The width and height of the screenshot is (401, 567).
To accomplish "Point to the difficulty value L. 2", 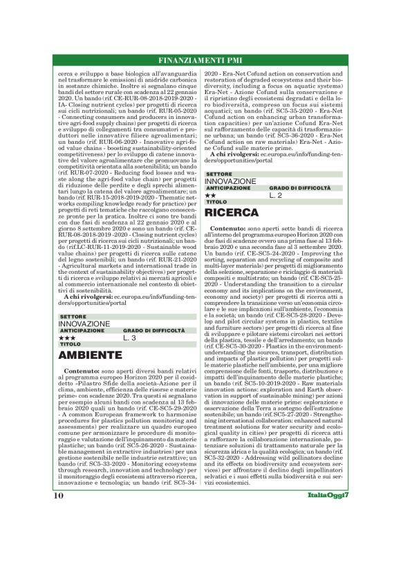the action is pyautogui.click(x=276, y=196).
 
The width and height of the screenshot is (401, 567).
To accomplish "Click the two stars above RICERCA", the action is pyautogui.click(x=211, y=196).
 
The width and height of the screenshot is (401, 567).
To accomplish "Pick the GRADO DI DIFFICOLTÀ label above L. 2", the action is pyautogui.click(x=299, y=188).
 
